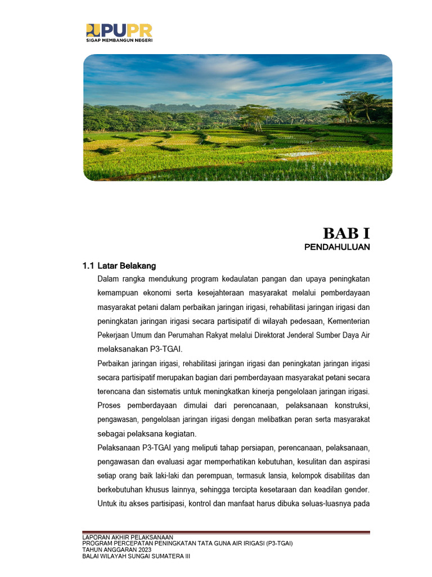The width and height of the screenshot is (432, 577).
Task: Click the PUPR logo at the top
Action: [x=119, y=30]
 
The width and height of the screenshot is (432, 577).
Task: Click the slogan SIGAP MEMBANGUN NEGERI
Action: [x=119, y=41]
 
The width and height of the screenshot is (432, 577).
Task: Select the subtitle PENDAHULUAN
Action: [x=337, y=247]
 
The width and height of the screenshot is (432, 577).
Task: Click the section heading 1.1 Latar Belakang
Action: [x=119, y=265]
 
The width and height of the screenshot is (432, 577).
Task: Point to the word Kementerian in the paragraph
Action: [x=348, y=321]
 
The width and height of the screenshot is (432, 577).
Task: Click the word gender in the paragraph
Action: [x=355, y=489]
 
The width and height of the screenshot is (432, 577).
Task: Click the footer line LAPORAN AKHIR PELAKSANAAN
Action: [x=128, y=537]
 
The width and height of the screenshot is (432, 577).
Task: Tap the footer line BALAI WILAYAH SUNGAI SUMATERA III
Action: [x=137, y=555]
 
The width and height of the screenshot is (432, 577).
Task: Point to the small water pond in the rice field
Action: [x=304, y=153]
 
